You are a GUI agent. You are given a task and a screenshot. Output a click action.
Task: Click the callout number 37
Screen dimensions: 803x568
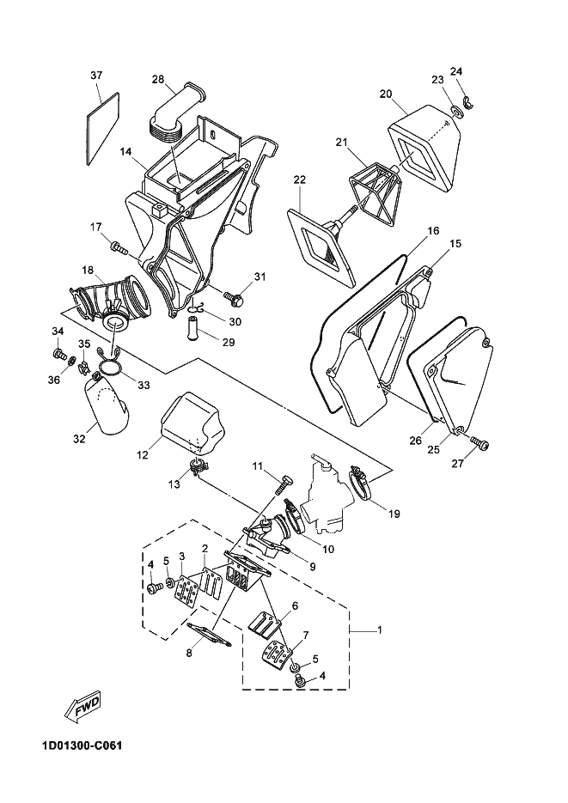96,76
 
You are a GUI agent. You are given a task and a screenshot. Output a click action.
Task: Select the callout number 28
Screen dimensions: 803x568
158,79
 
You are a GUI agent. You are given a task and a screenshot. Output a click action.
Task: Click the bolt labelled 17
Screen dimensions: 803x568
119,250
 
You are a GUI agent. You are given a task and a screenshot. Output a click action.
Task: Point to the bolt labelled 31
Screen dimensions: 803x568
235,299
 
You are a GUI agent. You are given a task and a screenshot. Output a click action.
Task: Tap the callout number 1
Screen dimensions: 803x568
380,630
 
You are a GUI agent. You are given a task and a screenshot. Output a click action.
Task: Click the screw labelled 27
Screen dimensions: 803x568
481,443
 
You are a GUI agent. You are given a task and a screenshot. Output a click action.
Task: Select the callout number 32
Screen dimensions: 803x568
79,439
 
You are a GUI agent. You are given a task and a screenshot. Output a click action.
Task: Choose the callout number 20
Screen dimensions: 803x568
386,94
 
